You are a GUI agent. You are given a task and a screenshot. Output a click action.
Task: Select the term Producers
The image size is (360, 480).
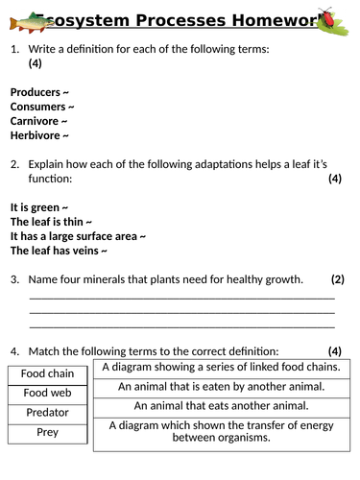click(x=38, y=91)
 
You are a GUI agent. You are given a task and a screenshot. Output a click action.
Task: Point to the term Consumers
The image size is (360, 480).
click(x=40, y=106)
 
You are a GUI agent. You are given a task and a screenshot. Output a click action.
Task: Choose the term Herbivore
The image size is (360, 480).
click(x=37, y=135)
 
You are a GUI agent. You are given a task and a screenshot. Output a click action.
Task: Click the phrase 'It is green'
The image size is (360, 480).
click(x=36, y=206)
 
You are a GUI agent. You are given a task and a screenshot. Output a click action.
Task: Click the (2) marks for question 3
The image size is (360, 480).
click(x=337, y=279)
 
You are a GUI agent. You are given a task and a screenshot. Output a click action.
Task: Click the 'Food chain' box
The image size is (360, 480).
click(x=47, y=373)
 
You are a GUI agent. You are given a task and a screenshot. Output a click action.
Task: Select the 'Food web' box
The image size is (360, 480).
click(x=47, y=393)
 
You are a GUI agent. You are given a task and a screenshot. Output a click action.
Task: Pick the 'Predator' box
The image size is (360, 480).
click(x=47, y=413)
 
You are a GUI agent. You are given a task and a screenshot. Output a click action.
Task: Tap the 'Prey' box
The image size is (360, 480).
click(x=47, y=432)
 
